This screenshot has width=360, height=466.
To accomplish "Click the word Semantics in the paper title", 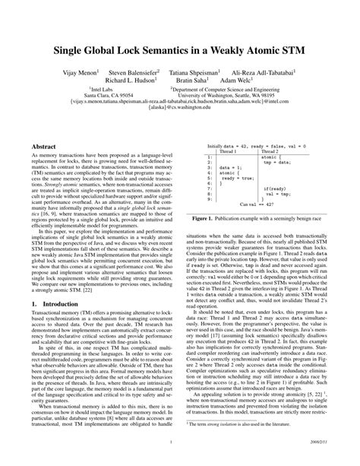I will (163, 55).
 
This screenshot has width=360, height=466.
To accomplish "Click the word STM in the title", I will (288, 55).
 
